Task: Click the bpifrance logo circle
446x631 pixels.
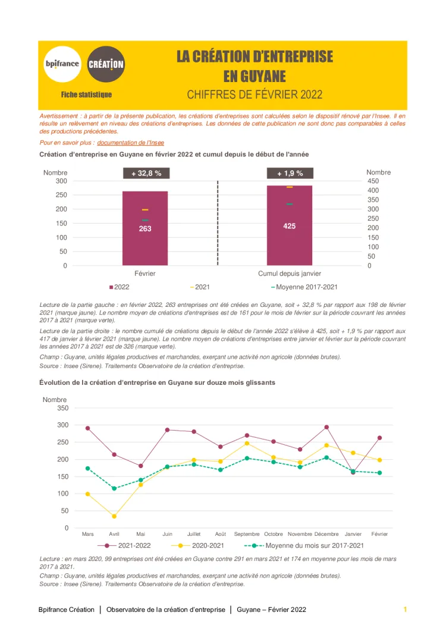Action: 62,64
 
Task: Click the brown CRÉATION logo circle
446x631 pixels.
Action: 106,64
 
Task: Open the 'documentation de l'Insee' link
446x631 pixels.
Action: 130,143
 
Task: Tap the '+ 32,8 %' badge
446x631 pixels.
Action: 146,173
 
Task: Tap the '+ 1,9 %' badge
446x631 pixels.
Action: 290,173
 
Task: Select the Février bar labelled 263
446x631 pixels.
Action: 145,228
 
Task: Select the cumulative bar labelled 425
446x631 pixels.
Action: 290,225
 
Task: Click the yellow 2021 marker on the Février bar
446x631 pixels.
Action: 145,210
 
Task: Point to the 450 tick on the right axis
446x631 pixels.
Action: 373,181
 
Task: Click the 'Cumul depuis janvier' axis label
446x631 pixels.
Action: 290,274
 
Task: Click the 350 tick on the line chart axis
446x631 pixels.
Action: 62,408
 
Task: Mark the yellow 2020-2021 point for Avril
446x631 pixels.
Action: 114,516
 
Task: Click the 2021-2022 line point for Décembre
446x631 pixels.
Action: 326,427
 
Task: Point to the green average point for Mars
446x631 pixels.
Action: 87,468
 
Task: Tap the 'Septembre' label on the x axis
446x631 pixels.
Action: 247,534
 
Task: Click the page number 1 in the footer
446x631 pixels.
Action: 405,610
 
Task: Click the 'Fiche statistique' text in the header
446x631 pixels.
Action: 86,95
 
